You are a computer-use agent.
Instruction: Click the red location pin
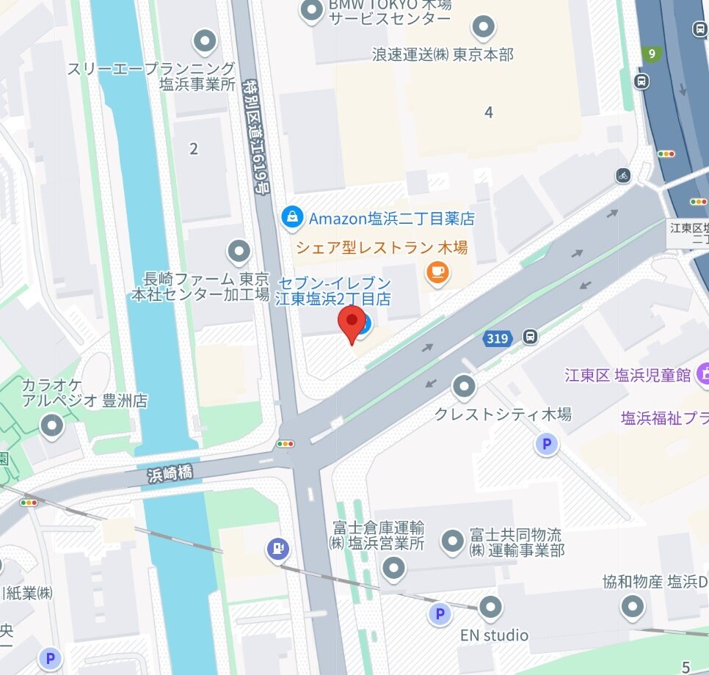tap(352, 323)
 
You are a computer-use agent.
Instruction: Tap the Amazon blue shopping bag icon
tap(292, 217)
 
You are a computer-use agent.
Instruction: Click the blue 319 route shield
tap(497, 338)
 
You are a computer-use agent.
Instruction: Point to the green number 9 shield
tap(650, 54)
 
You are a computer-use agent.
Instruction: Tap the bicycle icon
tap(623, 175)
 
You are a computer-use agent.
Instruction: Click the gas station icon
tap(278, 548)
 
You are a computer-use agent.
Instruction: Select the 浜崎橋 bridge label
tap(170, 474)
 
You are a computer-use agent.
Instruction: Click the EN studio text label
tap(494, 635)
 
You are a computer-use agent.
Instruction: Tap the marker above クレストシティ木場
tap(464, 385)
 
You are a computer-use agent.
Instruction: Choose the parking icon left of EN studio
tap(439, 613)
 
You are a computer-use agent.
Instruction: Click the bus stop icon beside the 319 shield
tap(529, 337)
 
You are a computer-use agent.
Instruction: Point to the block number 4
tap(489, 112)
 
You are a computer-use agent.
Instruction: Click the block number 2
tap(194, 149)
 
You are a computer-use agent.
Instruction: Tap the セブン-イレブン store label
tap(333, 291)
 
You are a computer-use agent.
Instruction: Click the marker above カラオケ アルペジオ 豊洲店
tap(51, 425)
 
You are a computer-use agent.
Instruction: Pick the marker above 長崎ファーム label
tap(239, 252)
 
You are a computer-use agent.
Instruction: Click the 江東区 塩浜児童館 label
tap(628, 376)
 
